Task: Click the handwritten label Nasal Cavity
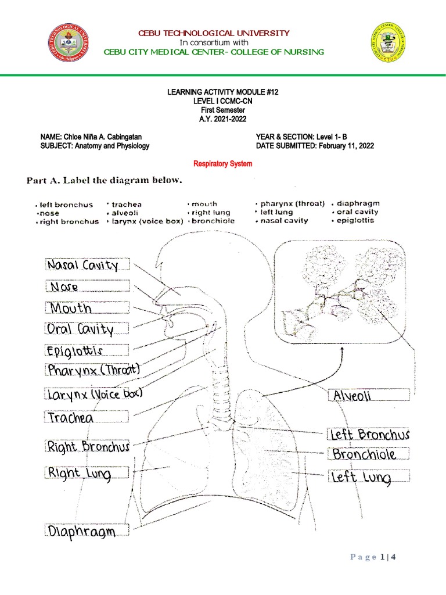(83, 266)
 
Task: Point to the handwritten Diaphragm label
(82, 532)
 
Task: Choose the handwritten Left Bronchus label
(369, 434)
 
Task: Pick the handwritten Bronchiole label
(365, 454)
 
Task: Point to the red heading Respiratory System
(223, 164)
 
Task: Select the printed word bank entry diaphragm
(357, 203)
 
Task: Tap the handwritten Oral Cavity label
(80, 329)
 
